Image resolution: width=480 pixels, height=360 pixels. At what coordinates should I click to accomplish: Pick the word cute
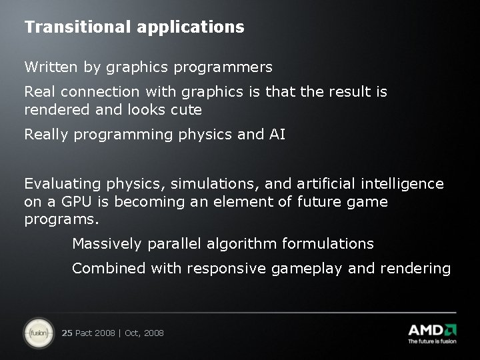pos(187,109)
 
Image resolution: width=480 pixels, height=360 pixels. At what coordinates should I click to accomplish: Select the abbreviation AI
pos(277,135)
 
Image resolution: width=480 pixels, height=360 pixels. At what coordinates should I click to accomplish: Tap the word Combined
pos(109,269)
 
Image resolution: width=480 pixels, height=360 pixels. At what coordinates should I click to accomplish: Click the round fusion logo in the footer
pos(39,332)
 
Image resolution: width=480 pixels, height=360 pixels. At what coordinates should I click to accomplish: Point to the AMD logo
pos(432,329)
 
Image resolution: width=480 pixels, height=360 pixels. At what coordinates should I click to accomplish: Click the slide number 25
pos(67,333)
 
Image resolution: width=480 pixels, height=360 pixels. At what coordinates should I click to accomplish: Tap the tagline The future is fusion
pos(432,341)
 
